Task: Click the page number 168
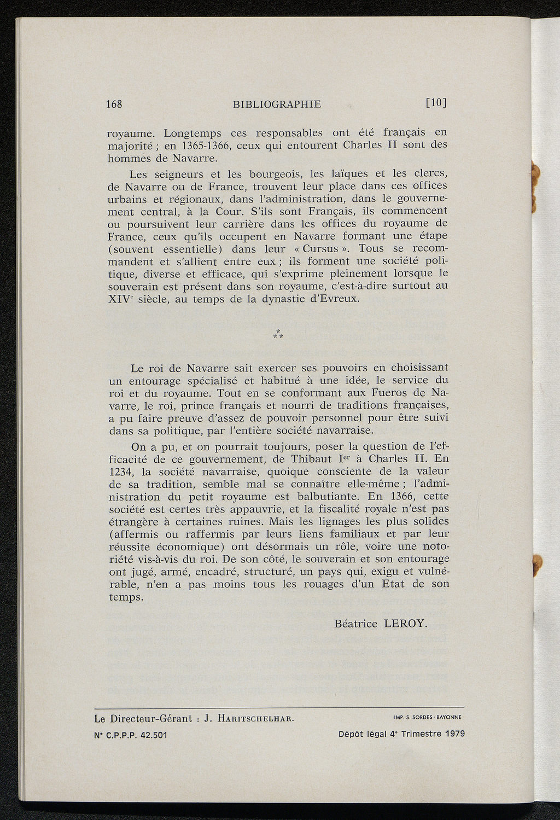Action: (114, 104)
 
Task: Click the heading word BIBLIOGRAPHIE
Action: (277, 104)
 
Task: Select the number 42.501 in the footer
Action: (154, 735)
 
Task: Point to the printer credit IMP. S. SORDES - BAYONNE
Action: (427, 717)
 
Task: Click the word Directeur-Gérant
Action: (150, 718)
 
